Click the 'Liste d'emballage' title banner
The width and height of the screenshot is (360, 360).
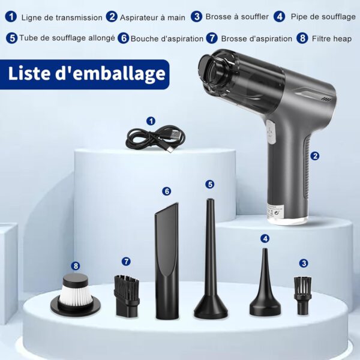(85, 74)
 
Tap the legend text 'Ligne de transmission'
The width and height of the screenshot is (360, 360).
(62, 17)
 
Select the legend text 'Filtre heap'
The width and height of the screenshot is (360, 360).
(332, 38)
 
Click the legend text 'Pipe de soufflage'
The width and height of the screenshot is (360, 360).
(323, 17)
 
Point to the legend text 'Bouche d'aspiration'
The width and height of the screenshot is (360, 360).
(167, 38)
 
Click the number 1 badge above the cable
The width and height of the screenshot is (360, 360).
(151, 121)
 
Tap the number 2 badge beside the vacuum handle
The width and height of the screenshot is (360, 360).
(315, 156)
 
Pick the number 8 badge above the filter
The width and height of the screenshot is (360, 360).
(76, 266)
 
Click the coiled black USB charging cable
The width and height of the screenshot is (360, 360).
(155, 139)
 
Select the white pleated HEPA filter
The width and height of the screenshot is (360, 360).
(76, 295)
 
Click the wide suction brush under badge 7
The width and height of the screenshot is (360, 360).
(127, 296)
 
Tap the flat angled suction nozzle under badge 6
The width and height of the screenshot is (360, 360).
(167, 260)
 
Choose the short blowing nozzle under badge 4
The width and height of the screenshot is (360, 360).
(265, 281)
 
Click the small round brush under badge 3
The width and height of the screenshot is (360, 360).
(302, 296)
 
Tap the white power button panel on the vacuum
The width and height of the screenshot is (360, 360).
(271, 132)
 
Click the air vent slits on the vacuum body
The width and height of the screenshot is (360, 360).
(326, 99)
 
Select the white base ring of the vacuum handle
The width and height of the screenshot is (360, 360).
(287, 220)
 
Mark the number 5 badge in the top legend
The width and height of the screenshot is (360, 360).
(12, 38)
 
